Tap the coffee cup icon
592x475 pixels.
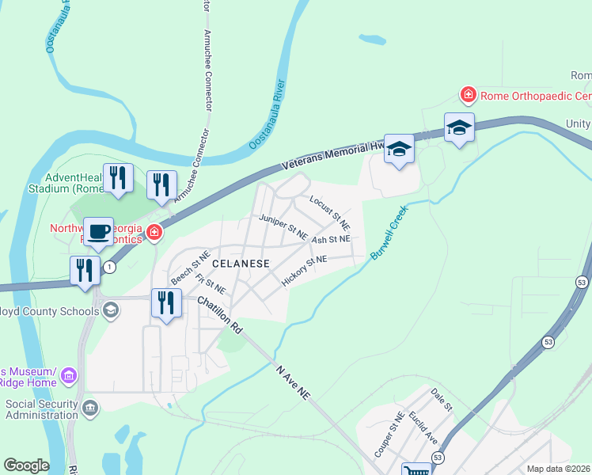tap(98, 232)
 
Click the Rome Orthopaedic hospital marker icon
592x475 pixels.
tap(469, 96)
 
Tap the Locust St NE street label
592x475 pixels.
tap(329, 209)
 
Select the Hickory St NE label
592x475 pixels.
tap(304, 270)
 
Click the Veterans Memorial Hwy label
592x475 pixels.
tap(333, 155)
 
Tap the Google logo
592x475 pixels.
tap(26, 465)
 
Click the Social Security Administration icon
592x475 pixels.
tap(90, 408)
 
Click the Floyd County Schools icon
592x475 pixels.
tap(110, 310)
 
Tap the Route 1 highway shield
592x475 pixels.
tap(109, 268)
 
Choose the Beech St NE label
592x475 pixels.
tap(191, 268)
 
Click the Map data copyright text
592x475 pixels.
tap(559, 469)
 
